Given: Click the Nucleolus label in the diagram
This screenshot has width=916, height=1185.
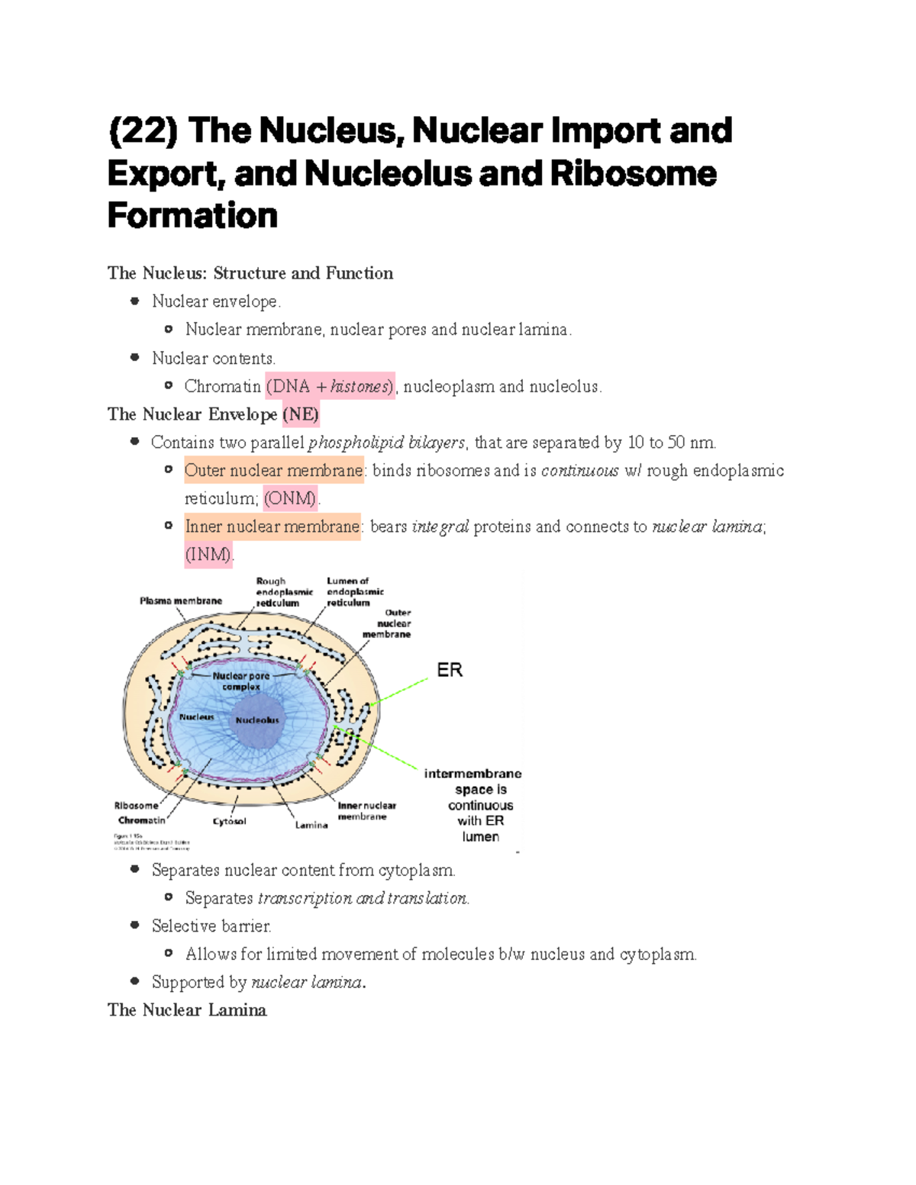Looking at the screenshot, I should pos(257,720).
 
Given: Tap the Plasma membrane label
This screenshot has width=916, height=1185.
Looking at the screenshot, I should pos(181,601).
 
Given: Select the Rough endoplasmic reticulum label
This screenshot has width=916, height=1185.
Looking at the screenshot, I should pos(284,592).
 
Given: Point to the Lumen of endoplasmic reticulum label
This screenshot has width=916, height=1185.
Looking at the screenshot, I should pos(355,592).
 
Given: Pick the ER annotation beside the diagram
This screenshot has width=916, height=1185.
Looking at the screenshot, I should pos(450,670).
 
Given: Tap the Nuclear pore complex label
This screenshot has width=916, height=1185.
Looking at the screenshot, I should pos(241,681).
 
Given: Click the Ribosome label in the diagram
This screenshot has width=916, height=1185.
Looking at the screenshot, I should pos(137,806).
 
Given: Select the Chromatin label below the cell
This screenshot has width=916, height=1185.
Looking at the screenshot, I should pos(141,820).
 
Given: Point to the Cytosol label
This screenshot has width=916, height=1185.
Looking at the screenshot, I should pos(229,822).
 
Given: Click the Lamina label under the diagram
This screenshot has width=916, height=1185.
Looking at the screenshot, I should pos(311,825).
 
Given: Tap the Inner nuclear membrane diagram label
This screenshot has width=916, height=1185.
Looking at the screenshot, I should pos(366,811).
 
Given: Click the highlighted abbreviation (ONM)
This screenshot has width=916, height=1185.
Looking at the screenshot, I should pos(290,499).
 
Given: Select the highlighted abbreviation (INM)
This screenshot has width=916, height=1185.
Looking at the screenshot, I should pos(208,555).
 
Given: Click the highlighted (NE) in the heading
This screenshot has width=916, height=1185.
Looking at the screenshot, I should pos(301,414).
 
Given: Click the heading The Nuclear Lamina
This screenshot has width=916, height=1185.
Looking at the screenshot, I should pos(187,1010).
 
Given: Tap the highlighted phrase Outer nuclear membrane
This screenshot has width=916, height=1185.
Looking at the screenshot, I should pos(274,471).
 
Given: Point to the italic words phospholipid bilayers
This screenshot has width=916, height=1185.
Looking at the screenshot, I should pos(385,443).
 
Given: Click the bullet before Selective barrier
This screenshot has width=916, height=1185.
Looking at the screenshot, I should pos(135,926).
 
